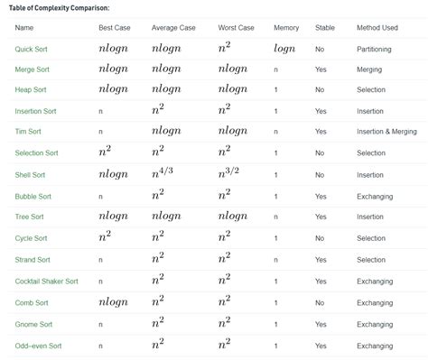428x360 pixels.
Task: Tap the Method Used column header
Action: coord(377,27)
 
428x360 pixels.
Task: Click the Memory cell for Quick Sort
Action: coord(284,48)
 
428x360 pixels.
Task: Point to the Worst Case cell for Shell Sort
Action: coord(231,173)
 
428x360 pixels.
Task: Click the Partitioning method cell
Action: coord(374,48)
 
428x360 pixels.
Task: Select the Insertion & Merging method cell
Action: coord(386,132)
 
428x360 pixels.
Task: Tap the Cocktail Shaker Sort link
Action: coord(46,281)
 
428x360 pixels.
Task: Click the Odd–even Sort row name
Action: coord(38,346)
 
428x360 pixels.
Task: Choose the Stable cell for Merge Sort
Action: coord(321,69)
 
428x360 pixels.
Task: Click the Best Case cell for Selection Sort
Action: coord(105,152)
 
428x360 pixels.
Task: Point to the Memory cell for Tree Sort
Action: coord(275,217)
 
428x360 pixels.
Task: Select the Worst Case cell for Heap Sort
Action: coord(232,89)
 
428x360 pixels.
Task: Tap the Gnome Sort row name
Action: coord(33,324)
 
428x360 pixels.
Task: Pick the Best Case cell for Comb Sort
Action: coord(113,302)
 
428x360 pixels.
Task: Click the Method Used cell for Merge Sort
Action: coord(368,69)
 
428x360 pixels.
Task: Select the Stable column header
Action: coord(325,27)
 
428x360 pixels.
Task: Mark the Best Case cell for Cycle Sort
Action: coord(105,237)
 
